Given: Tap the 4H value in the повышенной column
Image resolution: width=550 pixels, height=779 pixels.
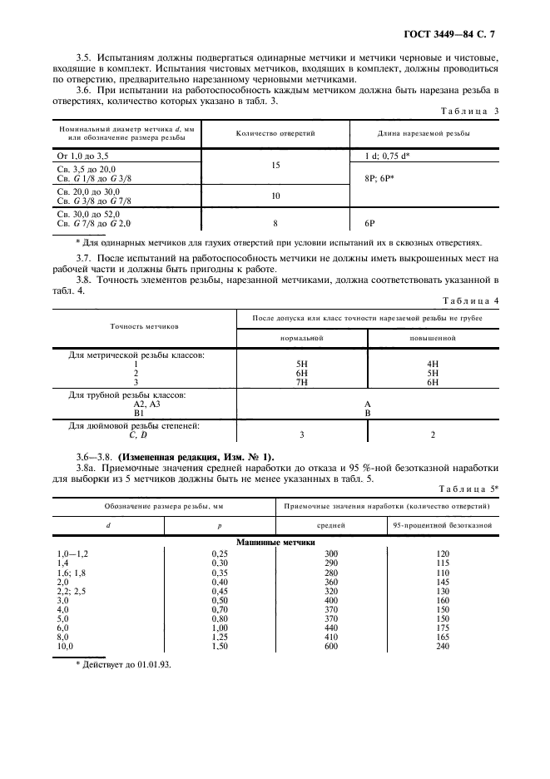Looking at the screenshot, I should point(432,364).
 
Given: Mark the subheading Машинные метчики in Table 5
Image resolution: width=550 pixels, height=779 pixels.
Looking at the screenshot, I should point(275,542).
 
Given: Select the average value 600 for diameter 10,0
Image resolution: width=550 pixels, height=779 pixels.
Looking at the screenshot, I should point(332,646).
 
